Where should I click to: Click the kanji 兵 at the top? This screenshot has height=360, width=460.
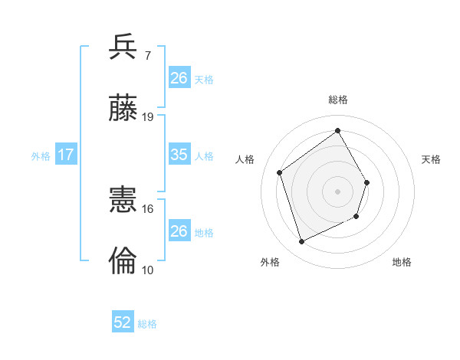click(x=124, y=48)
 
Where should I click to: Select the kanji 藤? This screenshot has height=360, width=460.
click(x=124, y=109)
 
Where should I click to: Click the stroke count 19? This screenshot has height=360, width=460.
click(x=148, y=117)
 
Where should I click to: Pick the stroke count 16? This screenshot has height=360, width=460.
click(x=148, y=208)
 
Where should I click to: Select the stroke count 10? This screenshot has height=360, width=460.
click(x=148, y=270)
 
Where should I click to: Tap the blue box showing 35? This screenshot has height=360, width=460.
click(x=179, y=155)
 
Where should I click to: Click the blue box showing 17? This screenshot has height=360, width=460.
click(x=66, y=155)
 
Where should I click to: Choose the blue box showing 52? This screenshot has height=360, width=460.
click(x=123, y=322)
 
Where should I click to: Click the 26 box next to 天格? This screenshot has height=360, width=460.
click(x=179, y=77)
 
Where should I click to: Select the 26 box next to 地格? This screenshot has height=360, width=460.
click(x=179, y=231)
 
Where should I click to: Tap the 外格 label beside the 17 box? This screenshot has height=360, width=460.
click(x=41, y=156)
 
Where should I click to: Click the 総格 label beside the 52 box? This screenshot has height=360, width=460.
click(x=147, y=324)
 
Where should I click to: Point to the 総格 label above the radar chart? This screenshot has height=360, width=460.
click(x=338, y=100)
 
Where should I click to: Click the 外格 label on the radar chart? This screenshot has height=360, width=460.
click(x=270, y=262)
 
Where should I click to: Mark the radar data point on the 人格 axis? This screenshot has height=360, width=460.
click(x=280, y=172)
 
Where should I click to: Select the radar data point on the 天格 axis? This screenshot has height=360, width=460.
click(x=367, y=182)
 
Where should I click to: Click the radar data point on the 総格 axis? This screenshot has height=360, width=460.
click(x=338, y=129)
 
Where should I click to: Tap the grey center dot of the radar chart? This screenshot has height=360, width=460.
click(x=338, y=191)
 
